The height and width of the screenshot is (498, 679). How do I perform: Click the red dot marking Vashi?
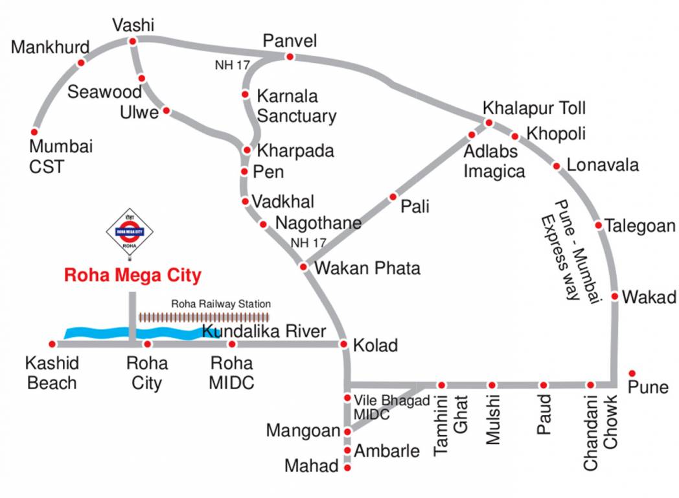tap(132, 41)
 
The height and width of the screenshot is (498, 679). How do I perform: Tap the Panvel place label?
tap(290, 41)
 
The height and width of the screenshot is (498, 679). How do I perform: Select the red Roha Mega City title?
tap(132, 276)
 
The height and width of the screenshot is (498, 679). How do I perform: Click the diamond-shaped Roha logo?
tap(129, 231)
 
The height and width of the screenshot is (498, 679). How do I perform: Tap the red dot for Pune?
tap(632, 373)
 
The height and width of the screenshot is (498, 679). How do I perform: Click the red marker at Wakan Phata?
tap(303, 267)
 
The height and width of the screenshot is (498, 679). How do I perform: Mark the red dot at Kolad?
tap(344, 344)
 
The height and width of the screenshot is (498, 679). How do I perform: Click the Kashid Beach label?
tap(52, 372)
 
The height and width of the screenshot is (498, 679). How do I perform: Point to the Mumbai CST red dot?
tap(34, 132)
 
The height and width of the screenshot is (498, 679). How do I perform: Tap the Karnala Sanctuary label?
tap(297, 106)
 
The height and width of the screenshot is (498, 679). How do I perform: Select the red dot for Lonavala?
tap(557, 167)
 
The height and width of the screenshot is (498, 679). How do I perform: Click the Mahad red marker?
tap(347, 467)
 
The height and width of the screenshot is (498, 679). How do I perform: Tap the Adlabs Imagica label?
tap(494, 161)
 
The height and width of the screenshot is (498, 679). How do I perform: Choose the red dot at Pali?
tap(393, 196)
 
